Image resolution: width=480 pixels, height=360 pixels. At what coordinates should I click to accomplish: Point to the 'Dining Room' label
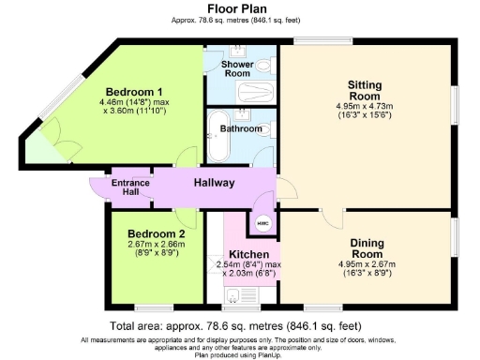[x=366, y=248]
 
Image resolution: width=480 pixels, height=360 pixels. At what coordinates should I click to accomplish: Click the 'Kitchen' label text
[x=249, y=254]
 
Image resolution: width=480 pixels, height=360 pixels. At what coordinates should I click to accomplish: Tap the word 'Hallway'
[x=215, y=182]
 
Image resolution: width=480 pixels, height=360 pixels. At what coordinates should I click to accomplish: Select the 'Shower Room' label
[x=235, y=68]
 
